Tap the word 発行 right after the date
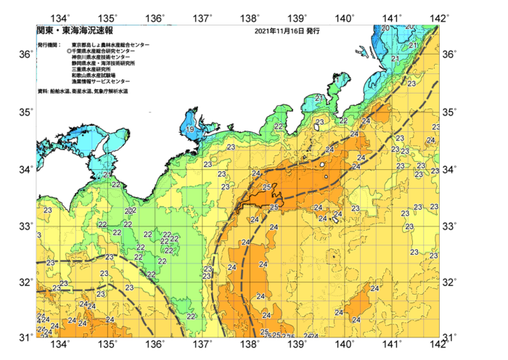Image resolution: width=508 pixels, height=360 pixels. pyautogui.click(x=313, y=32)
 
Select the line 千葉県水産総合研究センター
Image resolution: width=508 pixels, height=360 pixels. pyautogui.click(x=103, y=52)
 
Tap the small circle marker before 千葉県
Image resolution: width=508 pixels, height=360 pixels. pyautogui.click(x=69, y=52)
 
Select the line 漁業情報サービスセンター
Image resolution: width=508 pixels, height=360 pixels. pyautogui.click(x=101, y=82)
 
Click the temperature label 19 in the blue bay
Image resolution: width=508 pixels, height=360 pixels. pyautogui.click(x=189, y=129)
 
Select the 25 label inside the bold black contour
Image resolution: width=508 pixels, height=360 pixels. pyautogui.click(x=266, y=187)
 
